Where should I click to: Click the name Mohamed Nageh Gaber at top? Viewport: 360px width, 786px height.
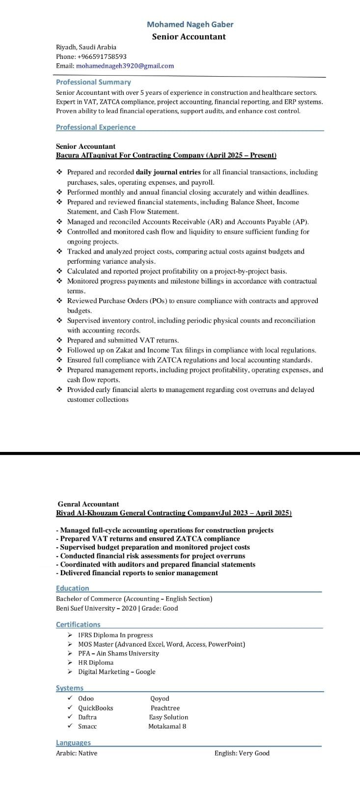click(x=190, y=24)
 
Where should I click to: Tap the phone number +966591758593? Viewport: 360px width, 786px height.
click(x=102, y=56)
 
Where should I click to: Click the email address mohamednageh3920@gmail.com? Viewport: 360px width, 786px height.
click(x=125, y=66)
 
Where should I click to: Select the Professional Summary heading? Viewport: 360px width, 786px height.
click(x=93, y=82)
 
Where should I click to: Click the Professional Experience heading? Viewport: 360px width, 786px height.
click(x=96, y=127)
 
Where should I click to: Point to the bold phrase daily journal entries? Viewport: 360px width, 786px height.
click(x=168, y=172)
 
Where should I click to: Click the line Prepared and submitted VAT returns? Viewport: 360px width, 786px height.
click(x=123, y=340)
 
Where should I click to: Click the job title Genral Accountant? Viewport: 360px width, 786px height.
click(x=88, y=504)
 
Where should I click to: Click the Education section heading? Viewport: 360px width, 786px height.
click(x=73, y=588)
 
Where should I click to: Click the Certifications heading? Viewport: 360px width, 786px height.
click(x=78, y=624)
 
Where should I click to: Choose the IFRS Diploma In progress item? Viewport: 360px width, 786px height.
click(x=115, y=635)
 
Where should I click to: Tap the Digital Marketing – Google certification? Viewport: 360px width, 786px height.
click(x=116, y=672)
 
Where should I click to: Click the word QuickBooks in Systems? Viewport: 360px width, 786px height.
click(x=96, y=708)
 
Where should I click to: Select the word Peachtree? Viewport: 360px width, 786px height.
click(x=165, y=708)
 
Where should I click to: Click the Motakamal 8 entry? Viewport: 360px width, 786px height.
click(x=167, y=726)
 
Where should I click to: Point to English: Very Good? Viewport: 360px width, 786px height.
click(x=242, y=753)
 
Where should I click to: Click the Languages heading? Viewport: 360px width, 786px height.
click(x=73, y=743)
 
